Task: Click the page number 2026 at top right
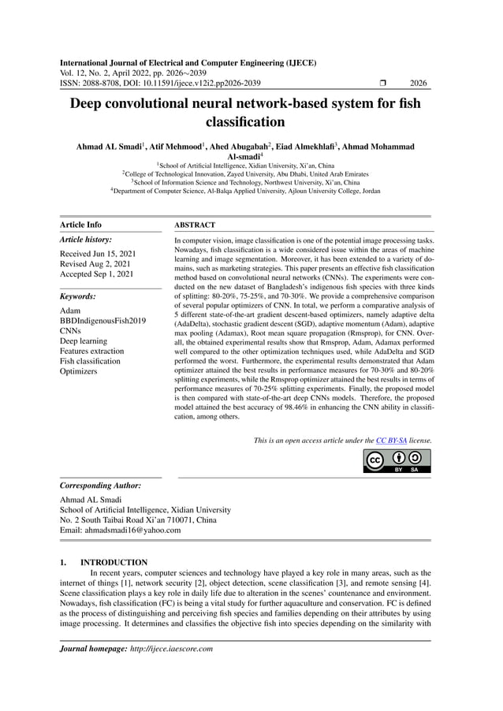(x=418, y=83)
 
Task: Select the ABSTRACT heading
(x=195, y=225)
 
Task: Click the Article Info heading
(x=80, y=225)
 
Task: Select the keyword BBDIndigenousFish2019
(x=102, y=321)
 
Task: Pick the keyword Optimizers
(x=79, y=371)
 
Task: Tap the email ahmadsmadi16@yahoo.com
(x=121, y=530)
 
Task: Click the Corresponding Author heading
(x=100, y=486)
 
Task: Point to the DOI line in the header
(x=161, y=83)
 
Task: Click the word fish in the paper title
(x=408, y=103)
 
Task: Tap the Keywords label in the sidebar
(x=78, y=296)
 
